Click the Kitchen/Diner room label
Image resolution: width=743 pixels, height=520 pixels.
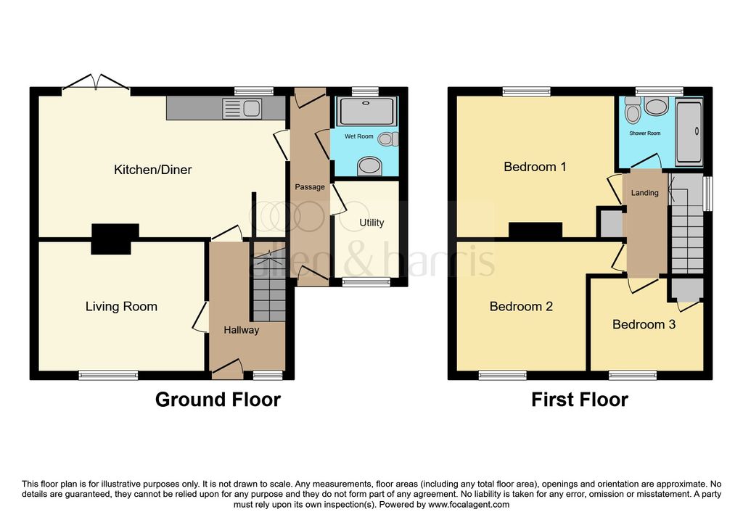(x=152, y=170)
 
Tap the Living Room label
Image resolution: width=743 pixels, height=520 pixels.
(x=121, y=306)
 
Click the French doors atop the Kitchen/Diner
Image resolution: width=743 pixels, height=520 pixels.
(x=96, y=83)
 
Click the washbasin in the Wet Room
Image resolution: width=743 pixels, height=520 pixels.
(x=369, y=167)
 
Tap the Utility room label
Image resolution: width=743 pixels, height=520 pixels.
(x=371, y=223)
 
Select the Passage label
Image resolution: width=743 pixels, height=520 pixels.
(x=310, y=187)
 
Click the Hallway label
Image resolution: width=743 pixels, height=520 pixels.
(x=241, y=330)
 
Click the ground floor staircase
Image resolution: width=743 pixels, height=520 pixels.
(x=268, y=287)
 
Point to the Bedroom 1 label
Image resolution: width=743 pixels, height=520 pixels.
(x=535, y=167)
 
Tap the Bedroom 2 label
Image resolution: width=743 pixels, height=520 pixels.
(x=521, y=306)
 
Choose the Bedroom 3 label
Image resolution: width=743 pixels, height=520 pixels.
(x=644, y=324)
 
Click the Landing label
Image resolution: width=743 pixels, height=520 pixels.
(x=645, y=193)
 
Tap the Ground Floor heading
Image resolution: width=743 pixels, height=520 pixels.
(x=218, y=400)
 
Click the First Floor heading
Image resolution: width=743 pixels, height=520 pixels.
(x=579, y=400)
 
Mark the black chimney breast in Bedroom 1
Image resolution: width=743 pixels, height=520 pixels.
(x=535, y=230)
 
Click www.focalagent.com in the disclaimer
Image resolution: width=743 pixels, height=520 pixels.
(x=469, y=505)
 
